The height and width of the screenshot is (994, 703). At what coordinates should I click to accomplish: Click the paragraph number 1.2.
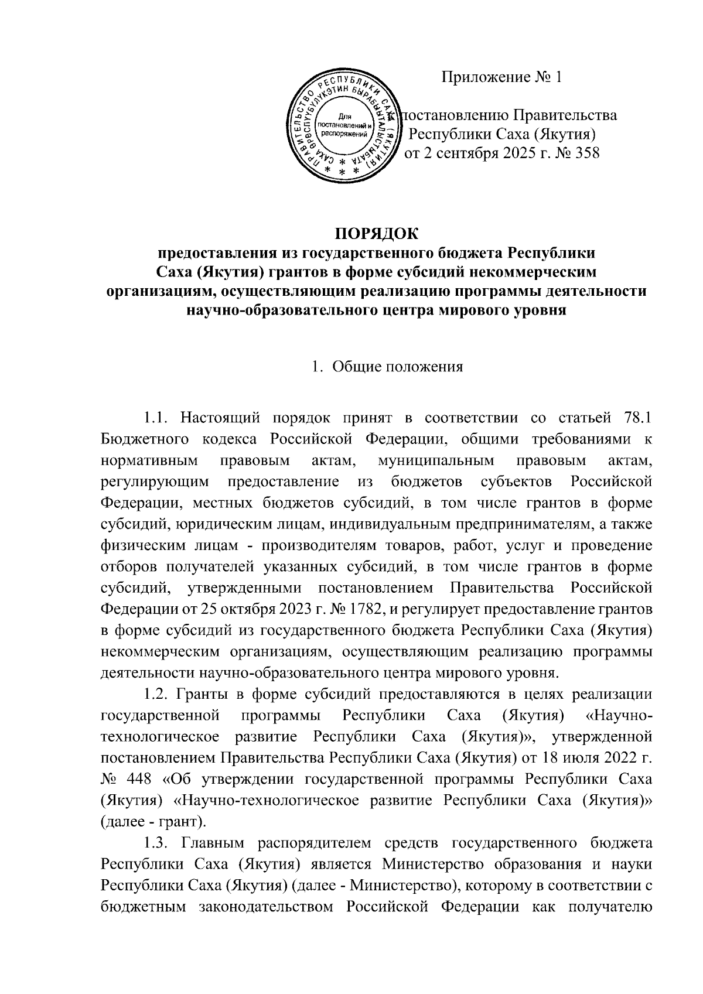pyautogui.click(x=159, y=695)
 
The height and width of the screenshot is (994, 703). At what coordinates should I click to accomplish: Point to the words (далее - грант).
pyautogui.click(x=153, y=821)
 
